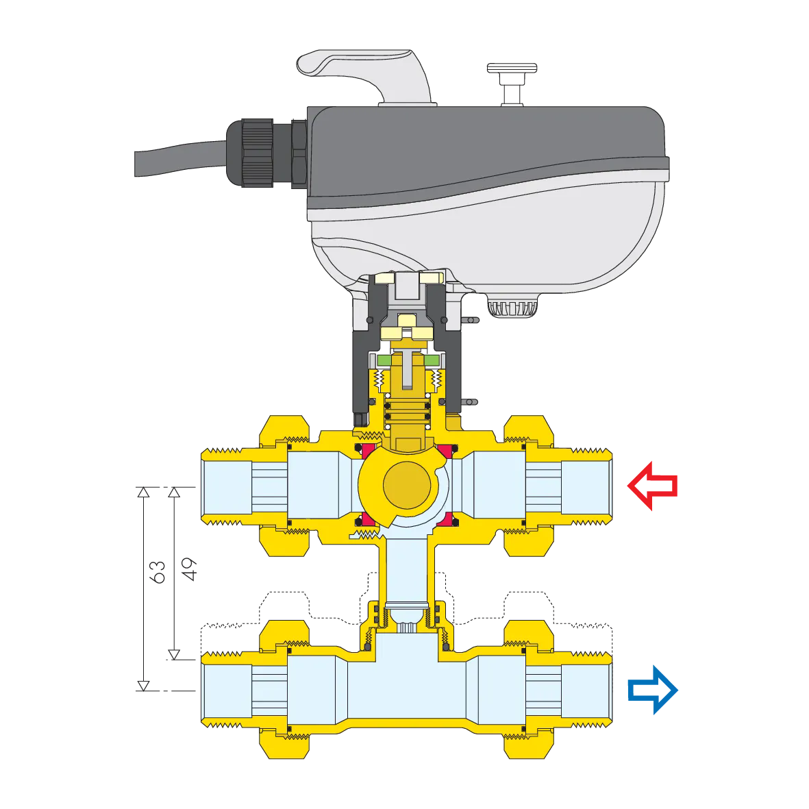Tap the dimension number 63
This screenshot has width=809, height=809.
[158, 572]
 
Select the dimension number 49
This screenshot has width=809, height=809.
[189, 569]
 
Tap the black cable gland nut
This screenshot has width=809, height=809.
[257, 153]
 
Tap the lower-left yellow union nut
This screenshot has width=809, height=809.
[284, 743]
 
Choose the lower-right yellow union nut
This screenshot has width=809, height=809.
[529, 743]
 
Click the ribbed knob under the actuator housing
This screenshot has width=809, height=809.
[512, 308]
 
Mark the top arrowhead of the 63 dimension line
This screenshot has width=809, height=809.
[143, 493]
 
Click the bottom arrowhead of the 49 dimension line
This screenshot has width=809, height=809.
[175, 654]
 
